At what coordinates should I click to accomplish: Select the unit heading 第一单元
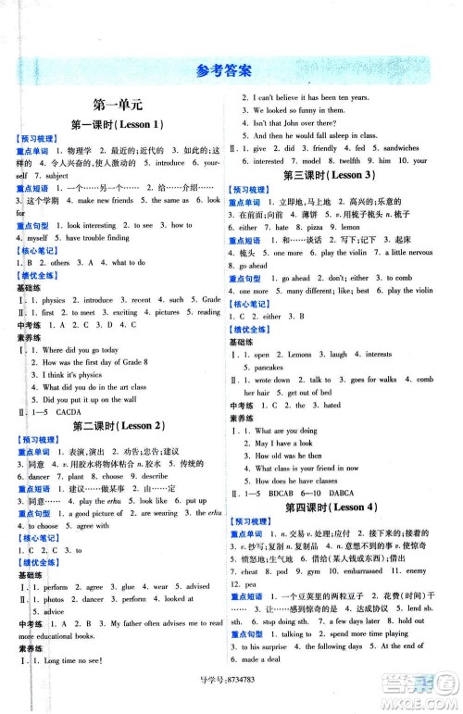point(117,107)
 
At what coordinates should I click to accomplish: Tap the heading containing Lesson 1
point(117,125)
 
